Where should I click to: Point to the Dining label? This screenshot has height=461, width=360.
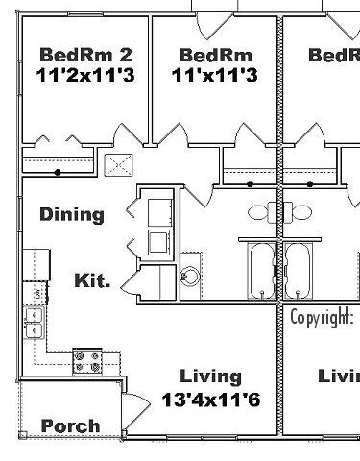72,214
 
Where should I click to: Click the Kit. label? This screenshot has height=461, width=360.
92,281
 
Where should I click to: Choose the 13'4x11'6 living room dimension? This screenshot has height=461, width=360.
211,397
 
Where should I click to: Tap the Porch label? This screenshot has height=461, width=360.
70,425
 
